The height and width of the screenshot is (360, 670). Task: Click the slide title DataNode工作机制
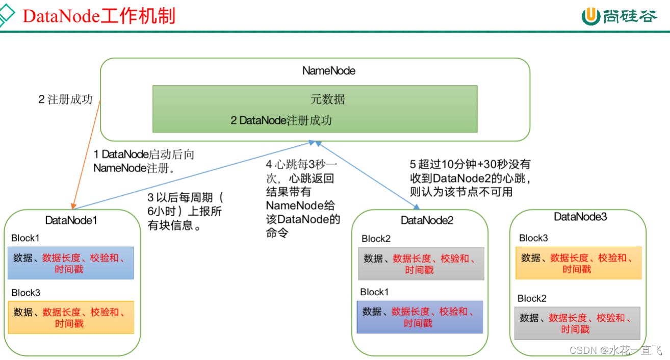[x=99, y=16]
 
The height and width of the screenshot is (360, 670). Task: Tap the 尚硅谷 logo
[x=620, y=16]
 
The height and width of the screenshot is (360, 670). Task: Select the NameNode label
[x=328, y=71]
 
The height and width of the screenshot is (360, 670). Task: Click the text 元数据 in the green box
[x=328, y=99]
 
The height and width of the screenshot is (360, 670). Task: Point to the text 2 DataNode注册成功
[x=281, y=120]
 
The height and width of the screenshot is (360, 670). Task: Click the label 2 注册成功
[x=65, y=99]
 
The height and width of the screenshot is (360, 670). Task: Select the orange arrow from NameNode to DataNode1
[x=87, y=153]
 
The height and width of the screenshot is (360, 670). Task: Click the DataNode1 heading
[x=71, y=220]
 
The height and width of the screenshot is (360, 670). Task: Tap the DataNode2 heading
[x=427, y=220]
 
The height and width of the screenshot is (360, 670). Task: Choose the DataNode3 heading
[x=580, y=217]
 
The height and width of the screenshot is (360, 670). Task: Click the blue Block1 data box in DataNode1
[x=70, y=263]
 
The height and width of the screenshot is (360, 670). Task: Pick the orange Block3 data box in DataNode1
[x=70, y=317]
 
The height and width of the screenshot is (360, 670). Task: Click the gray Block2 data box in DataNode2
[x=421, y=264]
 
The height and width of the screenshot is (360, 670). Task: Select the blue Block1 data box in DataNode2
[x=420, y=317]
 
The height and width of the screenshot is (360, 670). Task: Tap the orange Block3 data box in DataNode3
[x=578, y=263]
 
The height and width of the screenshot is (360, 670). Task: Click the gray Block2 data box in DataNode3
[x=577, y=323]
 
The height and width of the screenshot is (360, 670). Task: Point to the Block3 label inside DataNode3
[x=533, y=238]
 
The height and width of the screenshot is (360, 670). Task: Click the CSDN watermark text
[x=615, y=350]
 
